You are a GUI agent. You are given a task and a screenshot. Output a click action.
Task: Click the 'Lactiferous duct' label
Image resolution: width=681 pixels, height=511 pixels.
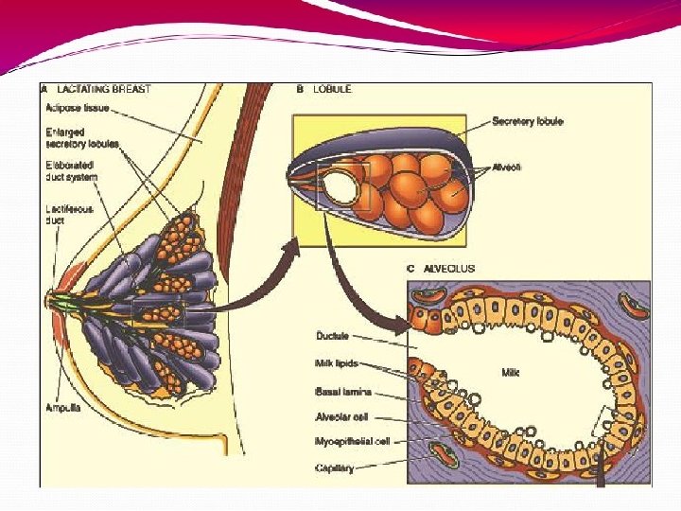[x=67, y=214]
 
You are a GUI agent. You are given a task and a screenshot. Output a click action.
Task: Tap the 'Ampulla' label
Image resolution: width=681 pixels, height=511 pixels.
[x=62, y=408]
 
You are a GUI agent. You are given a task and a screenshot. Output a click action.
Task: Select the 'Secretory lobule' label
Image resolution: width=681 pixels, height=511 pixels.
[x=527, y=121]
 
